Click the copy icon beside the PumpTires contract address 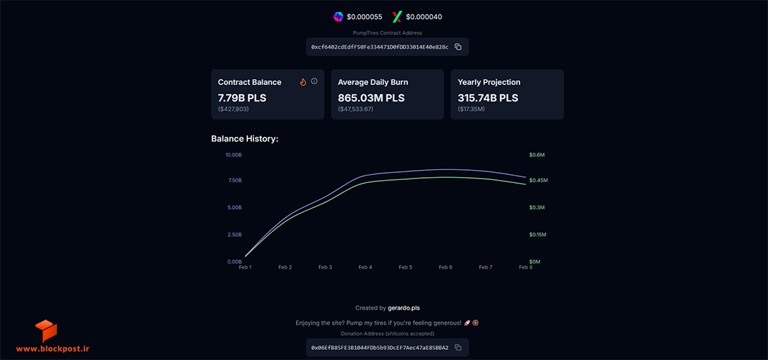point(458,47)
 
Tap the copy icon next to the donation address point(458,347)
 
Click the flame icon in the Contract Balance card point(303,82)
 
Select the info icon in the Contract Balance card point(314,81)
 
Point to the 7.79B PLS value point(242,98)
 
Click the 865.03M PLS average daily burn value point(371,98)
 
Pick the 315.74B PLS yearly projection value point(488,98)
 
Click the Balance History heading point(245,139)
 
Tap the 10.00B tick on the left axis point(233,155)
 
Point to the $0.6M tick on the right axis point(537,155)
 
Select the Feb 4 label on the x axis point(365,267)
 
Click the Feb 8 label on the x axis point(525,267)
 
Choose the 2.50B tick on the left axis point(235,235)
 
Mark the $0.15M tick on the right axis point(537,235)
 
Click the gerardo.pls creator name point(403,308)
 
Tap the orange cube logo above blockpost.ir point(46,330)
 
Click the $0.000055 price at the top point(365,17)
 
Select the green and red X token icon point(397,17)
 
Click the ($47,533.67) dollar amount point(356,109)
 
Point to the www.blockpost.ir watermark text point(53,348)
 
